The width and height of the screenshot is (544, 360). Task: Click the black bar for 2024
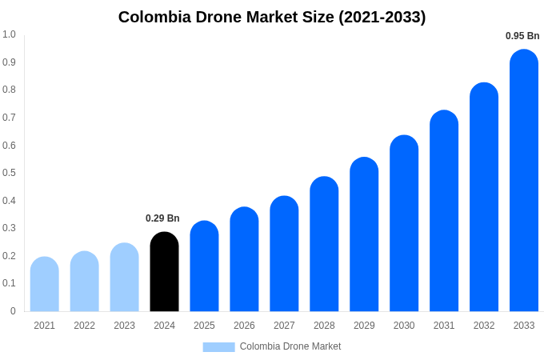point(164,272)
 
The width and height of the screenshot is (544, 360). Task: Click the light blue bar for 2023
point(124,278)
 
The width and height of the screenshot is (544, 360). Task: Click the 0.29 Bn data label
point(162,218)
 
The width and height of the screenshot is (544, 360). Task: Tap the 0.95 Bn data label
point(522,36)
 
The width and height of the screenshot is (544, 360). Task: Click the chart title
point(272,17)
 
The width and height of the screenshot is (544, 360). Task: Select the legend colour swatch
point(218,346)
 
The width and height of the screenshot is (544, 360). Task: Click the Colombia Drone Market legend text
point(290,346)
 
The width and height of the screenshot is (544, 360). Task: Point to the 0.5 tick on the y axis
point(9,173)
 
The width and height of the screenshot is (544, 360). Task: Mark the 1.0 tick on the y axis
point(9,34)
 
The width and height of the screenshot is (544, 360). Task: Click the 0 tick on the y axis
point(13,311)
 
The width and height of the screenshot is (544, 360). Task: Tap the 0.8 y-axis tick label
point(9,90)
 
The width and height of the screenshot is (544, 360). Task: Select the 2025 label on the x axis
point(204,326)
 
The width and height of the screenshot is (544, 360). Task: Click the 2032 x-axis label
point(484,326)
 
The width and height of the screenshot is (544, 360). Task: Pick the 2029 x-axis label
point(364,326)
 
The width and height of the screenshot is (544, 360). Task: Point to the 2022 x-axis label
point(84,326)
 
